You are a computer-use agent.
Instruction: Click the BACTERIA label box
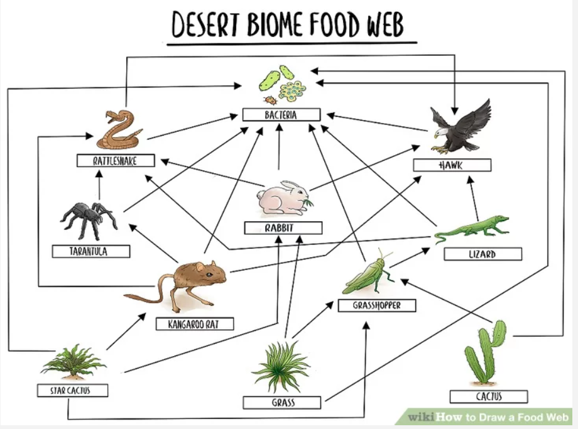pyautogui.click(x=281, y=115)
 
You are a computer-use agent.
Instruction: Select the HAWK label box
pyautogui.click(x=452, y=165)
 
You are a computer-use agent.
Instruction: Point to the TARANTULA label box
pyautogui.click(x=91, y=251)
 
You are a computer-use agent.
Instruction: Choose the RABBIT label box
pyautogui.click(x=283, y=228)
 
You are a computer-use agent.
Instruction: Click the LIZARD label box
pyautogui.click(x=483, y=254)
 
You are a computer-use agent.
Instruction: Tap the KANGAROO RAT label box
pyautogui.click(x=195, y=324)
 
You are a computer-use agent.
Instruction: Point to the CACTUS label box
pyautogui.click(x=488, y=396)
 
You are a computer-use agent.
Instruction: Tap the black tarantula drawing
pyautogui.click(x=89, y=218)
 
